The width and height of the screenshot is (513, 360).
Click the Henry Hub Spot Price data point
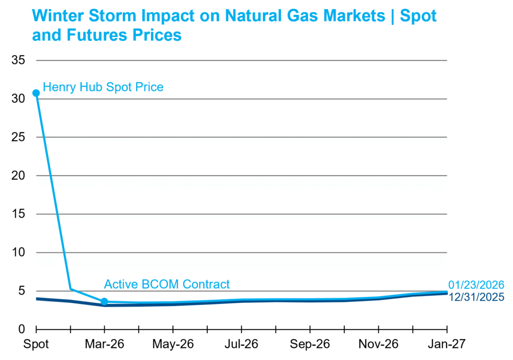[36, 93]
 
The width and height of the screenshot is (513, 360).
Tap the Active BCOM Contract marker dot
[104, 301]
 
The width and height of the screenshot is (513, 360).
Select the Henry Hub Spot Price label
[103, 87]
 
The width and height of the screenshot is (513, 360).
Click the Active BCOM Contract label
[166, 284]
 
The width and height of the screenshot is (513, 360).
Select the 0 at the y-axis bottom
[21, 329]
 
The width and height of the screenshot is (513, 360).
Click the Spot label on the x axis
[36, 345]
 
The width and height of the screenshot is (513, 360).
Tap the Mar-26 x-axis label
[104, 345]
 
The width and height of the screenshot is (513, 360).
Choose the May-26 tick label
[173, 345]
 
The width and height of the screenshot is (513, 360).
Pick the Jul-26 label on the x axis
[241, 345]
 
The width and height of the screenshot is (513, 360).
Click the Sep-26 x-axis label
[310, 345]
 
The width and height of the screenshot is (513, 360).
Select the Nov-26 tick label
[378, 345]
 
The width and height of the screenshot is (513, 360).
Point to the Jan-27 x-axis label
[447, 345]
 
